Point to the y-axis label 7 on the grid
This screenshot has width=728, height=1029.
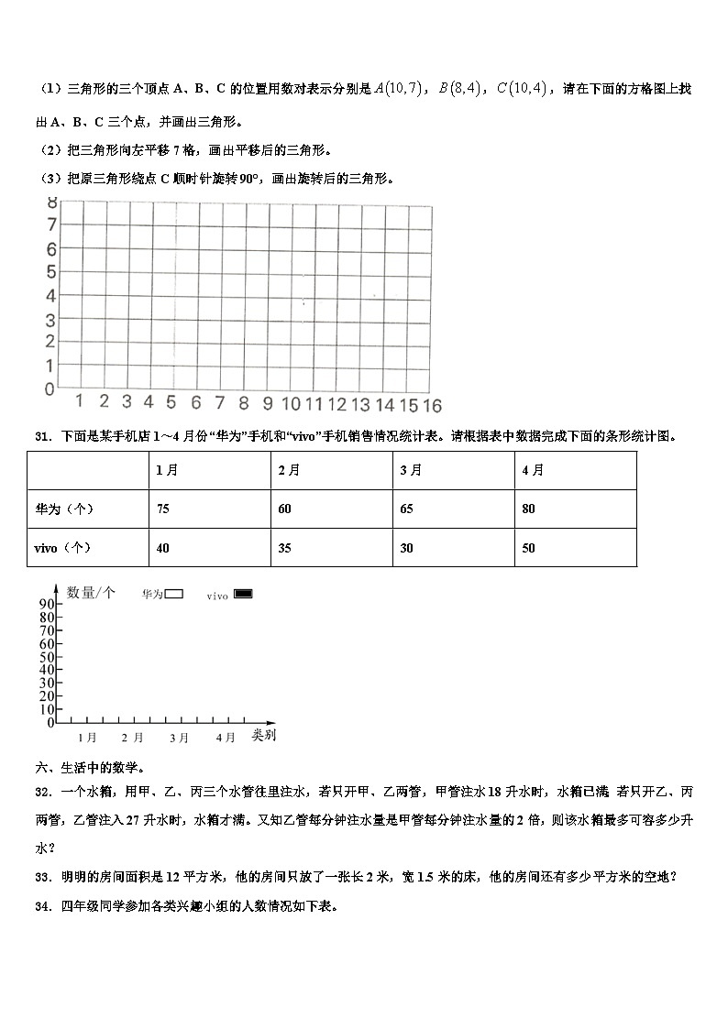(51, 225)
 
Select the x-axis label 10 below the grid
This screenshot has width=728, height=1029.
(291, 404)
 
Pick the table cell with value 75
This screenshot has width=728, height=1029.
(163, 509)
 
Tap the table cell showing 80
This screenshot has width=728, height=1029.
(529, 509)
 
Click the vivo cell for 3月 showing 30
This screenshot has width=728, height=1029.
(407, 548)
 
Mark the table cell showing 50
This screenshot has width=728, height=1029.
(529, 548)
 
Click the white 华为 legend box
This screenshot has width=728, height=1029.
(174, 594)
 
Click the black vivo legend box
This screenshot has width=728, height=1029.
(243, 594)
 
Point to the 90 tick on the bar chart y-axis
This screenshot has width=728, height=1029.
(47, 604)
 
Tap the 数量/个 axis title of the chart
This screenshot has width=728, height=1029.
(91, 593)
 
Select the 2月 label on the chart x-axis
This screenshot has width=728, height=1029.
(132, 738)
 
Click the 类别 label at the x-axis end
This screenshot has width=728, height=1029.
(264, 736)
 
